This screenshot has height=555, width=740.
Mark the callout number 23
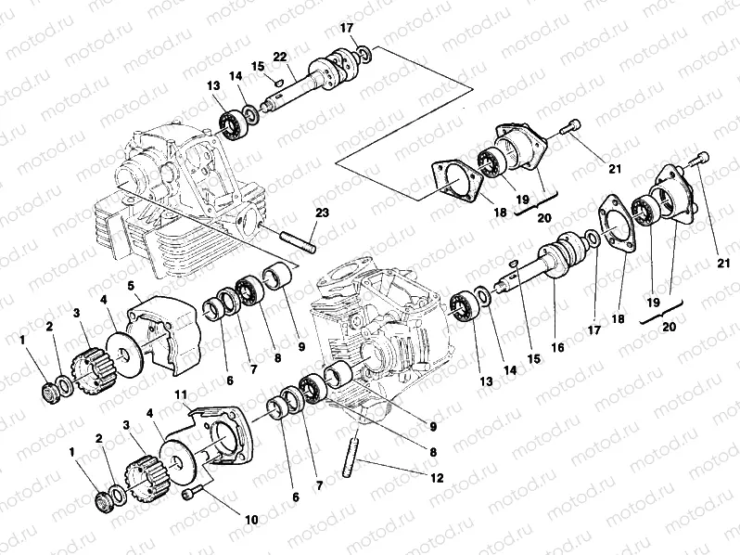pyautogui.click(x=321, y=213)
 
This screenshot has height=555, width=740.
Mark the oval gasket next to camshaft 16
pyautogui.click(x=617, y=224)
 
